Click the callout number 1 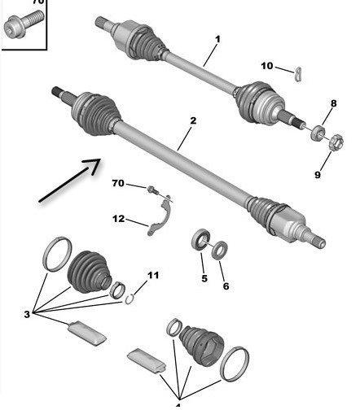click(217, 40)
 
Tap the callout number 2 click(193, 120)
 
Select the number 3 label click(27, 315)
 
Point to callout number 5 click(204, 278)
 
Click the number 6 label click(226, 286)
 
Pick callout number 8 click(334, 103)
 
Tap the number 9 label click(318, 175)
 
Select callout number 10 click(267, 66)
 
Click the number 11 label click(153, 276)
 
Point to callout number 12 click(118, 219)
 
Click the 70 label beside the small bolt click(118, 183)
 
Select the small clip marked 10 click(298, 74)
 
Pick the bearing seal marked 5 click(201, 239)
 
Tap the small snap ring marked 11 click(130, 299)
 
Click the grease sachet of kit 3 click(86, 334)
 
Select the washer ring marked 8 click(318, 133)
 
